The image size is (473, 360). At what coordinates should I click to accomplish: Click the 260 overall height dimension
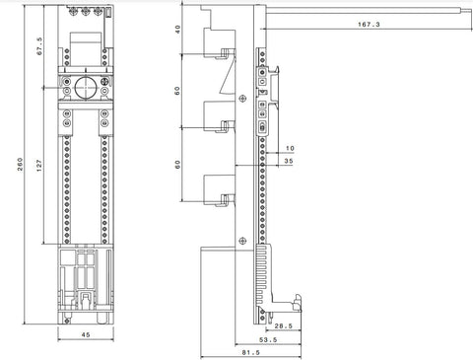point(20,164)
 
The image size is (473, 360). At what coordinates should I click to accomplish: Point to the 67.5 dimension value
point(39,46)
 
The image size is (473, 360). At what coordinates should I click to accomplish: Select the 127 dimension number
point(39,166)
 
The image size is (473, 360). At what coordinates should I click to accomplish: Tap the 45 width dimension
point(86,334)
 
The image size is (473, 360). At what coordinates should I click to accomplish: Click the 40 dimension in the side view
point(177,30)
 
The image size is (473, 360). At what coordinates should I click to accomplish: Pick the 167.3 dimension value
point(369,24)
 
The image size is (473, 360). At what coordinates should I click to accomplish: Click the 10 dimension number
point(290,148)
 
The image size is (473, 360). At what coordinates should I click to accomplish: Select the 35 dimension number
point(289,161)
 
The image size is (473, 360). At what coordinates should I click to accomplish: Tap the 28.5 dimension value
point(283,325)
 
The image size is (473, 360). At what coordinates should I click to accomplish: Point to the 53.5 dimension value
point(268,339)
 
